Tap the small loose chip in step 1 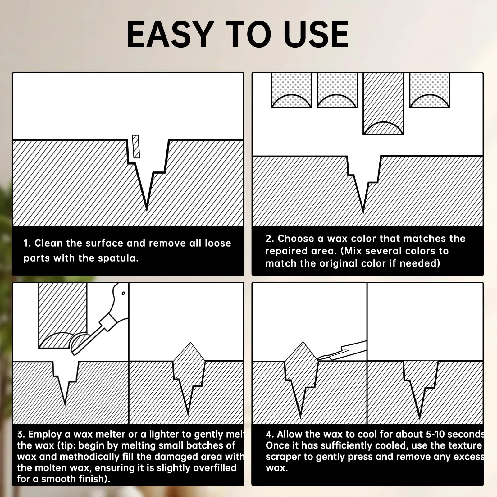(x=136, y=146)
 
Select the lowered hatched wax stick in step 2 (x=383, y=104)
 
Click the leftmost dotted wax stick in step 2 (x=291, y=90)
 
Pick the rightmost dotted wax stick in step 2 (x=430, y=90)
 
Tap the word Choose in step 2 (x=296, y=239)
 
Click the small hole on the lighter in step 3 (x=123, y=293)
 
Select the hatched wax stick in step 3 (x=63, y=315)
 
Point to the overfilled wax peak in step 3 (x=190, y=343)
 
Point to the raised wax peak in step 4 (x=303, y=343)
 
